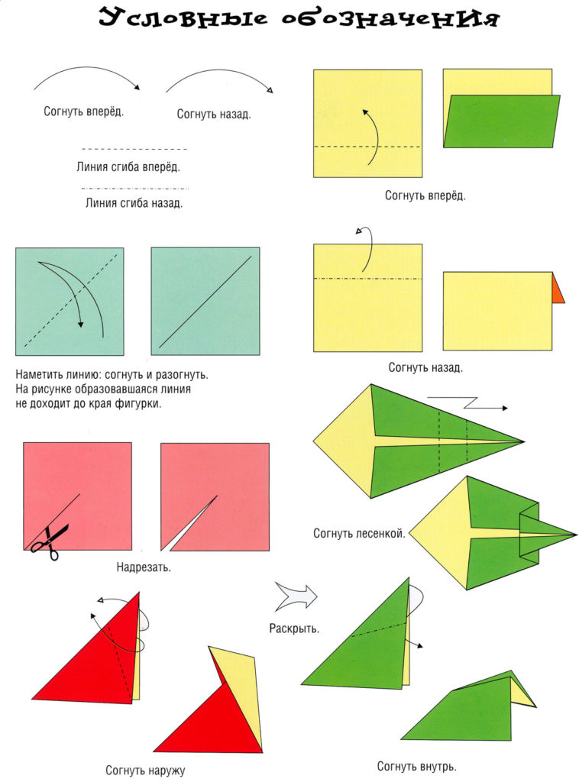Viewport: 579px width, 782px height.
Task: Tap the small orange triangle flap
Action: (x=558, y=288)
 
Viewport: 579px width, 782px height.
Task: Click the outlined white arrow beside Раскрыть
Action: (x=296, y=596)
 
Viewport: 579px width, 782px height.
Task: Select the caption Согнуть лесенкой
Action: (x=358, y=533)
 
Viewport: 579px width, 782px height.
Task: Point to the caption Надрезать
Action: (x=144, y=567)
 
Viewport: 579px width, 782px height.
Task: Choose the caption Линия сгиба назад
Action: (x=134, y=203)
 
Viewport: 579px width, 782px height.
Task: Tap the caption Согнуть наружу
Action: (x=145, y=770)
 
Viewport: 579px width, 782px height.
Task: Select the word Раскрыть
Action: (x=294, y=629)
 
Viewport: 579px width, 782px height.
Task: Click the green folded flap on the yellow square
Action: (x=502, y=121)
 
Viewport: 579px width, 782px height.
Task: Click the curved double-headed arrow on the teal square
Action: (x=76, y=294)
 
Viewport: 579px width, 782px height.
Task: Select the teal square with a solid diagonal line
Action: (x=205, y=302)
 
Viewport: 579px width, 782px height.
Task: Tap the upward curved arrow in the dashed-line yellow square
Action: (x=370, y=134)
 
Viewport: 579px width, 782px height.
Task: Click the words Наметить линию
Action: (x=57, y=376)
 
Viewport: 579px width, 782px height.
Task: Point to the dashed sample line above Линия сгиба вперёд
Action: (x=134, y=149)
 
